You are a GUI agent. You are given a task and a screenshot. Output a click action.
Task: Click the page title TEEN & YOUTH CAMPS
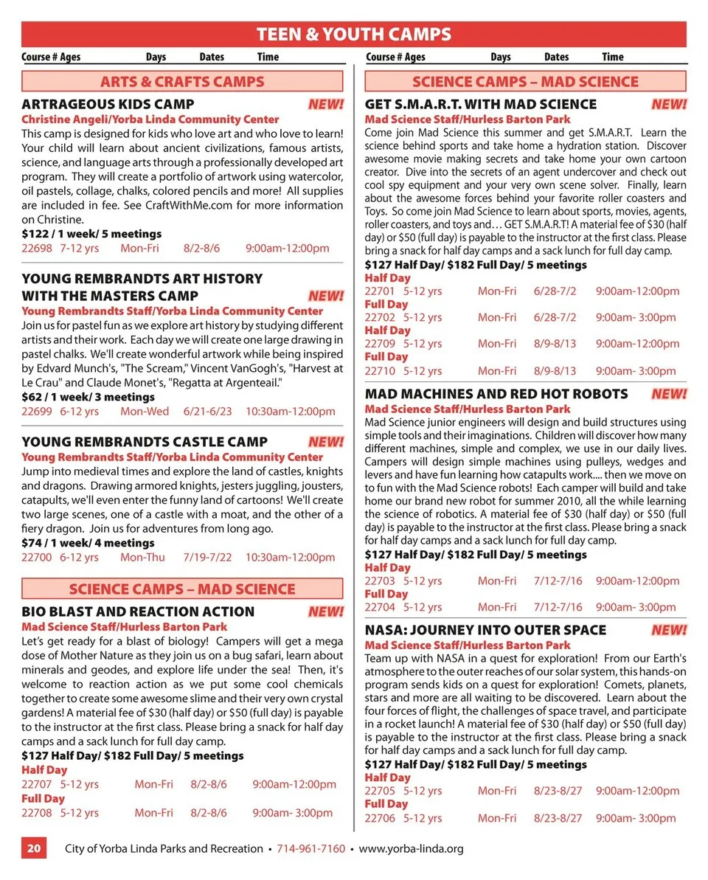click(353, 34)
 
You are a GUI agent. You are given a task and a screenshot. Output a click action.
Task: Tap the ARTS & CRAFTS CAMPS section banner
click(182, 81)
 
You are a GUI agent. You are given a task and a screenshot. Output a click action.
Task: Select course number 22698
click(37, 249)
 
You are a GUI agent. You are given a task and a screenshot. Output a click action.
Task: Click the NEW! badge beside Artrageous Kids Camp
click(326, 104)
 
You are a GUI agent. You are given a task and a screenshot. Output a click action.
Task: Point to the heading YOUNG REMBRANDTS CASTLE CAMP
click(145, 442)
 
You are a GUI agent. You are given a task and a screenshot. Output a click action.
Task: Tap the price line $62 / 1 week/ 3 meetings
click(88, 397)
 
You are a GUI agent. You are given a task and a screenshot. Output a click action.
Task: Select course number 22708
click(37, 813)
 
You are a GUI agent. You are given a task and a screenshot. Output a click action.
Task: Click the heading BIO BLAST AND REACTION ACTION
click(138, 612)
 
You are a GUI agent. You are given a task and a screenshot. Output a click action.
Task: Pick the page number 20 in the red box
click(34, 848)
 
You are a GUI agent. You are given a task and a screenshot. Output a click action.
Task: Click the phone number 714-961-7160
click(310, 848)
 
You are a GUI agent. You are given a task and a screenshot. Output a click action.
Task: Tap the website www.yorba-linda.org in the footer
click(411, 848)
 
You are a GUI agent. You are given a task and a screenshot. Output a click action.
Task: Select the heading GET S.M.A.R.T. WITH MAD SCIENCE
click(481, 104)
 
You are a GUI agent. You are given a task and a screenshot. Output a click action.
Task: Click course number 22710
click(381, 370)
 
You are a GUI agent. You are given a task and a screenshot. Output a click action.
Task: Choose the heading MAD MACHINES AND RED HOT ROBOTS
click(496, 394)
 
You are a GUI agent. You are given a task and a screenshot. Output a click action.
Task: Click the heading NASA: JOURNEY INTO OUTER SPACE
click(485, 630)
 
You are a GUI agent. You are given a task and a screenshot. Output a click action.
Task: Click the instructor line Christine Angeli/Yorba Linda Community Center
click(150, 119)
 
